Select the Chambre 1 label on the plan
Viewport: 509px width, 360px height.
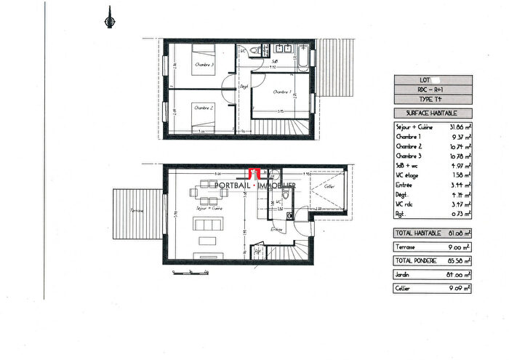click(282, 92)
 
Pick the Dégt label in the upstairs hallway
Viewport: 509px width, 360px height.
click(244, 86)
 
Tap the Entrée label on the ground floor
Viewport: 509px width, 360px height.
click(276, 230)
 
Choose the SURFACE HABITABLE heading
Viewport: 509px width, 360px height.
click(432, 113)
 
